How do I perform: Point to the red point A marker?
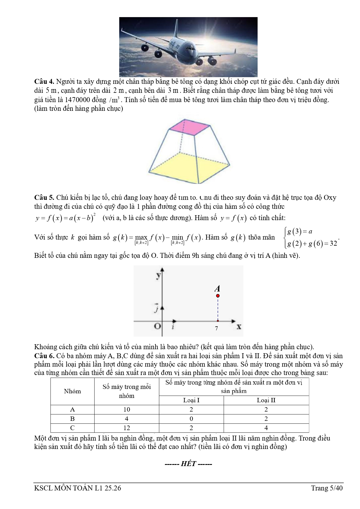(x=218, y=296)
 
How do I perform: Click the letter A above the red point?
(x=217, y=289)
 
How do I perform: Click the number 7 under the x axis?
(x=216, y=328)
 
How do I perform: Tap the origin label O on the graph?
(x=157, y=326)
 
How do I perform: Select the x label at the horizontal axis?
(x=239, y=327)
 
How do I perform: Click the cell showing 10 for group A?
(x=126, y=410)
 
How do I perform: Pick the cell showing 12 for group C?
(x=126, y=428)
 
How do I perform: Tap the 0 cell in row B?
(x=191, y=419)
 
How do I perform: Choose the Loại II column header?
(x=266, y=400)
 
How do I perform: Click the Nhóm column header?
(x=72, y=391)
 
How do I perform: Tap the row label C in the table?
(x=72, y=428)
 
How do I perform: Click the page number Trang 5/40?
(x=327, y=488)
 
